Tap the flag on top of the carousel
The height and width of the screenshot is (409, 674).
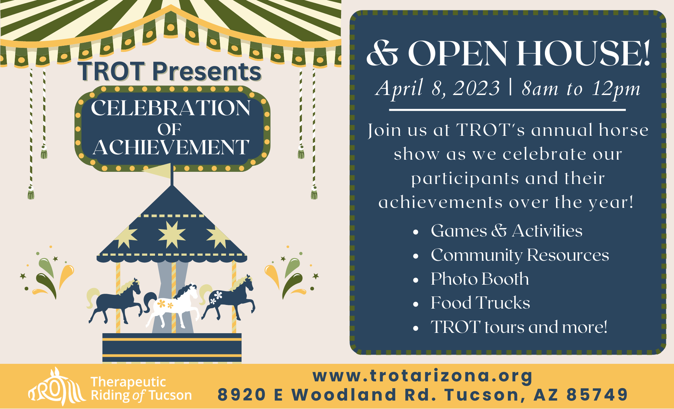[x=158, y=170]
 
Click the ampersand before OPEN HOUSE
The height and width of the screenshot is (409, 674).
[x=383, y=54]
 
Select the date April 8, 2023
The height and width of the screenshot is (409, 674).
[x=438, y=89]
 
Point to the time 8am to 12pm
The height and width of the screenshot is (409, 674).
[x=581, y=89]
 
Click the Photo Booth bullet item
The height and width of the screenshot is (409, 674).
[x=480, y=279]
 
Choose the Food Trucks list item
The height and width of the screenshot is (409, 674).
[x=481, y=303]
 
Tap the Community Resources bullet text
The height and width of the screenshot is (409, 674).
[x=520, y=255]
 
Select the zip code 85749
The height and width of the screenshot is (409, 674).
[x=597, y=395]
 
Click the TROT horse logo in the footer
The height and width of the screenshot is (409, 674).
[x=57, y=386]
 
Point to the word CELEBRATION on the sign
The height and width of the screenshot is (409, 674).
[x=171, y=108]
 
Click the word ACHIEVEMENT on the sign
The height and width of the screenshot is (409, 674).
[x=171, y=147]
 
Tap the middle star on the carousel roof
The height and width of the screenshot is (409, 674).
[x=172, y=234]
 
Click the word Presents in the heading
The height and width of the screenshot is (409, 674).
[x=207, y=71]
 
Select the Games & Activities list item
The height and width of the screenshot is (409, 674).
[x=507, y=231]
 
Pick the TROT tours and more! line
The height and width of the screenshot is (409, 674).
[x=519, y=327]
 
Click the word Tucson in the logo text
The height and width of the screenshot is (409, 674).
[x=170, y=395]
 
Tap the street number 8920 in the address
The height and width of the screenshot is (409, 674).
[x=242, y=395]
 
